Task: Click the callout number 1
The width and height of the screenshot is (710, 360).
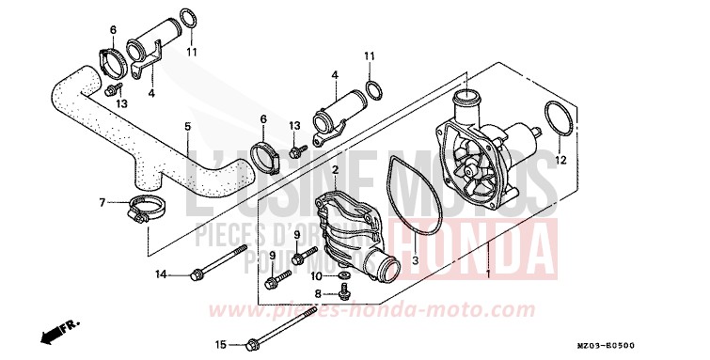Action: [487, 274]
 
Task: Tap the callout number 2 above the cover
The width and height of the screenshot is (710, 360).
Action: [334, 170]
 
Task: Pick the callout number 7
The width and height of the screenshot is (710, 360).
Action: [102, 201]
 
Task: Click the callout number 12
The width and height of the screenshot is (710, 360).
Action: [560, 161]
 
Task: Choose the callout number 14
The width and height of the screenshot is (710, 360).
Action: [161, 274]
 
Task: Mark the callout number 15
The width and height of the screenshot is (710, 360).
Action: [220, 343]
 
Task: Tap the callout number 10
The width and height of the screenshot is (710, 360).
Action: [317, 275]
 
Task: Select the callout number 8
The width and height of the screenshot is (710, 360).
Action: [318, 294]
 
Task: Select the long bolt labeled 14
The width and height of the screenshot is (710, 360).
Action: [220, 262]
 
